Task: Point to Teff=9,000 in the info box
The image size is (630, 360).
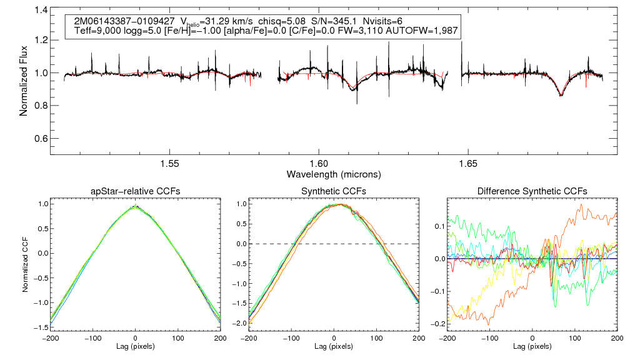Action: tap(99, 31)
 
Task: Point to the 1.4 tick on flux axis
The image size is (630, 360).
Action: tap(41, 11)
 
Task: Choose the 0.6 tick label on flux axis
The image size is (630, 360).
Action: tap(41, 138)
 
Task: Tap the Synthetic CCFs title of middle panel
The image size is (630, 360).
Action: tap(334, 191)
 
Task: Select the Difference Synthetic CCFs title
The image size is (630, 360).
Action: tap(532, 191)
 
